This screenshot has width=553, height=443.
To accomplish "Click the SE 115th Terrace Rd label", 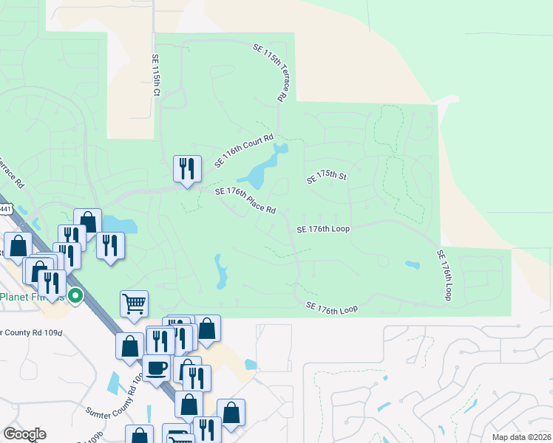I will pyautogui.click(x=270, y=72).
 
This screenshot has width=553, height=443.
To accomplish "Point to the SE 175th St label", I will pyautogui.click(x=326, y=177).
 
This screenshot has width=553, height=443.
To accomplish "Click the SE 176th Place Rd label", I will pyautogui.click(x=245, y=200).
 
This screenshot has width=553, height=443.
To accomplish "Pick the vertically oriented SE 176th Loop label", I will pyautogui.click(x=443, y=274).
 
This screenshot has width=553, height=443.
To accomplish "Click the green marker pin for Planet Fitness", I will pyautogui.click(x=75, y=297).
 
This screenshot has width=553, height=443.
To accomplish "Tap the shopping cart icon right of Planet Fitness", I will pyautogui.click(x=134, y=302).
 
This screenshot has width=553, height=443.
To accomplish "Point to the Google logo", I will pyautogui.click(x=24, y=434).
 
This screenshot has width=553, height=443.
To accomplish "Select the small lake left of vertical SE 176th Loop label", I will pyautogui.click(x=412, y=265).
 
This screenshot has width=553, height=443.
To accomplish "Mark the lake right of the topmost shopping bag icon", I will pyautogui.click(x=120, y=224).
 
